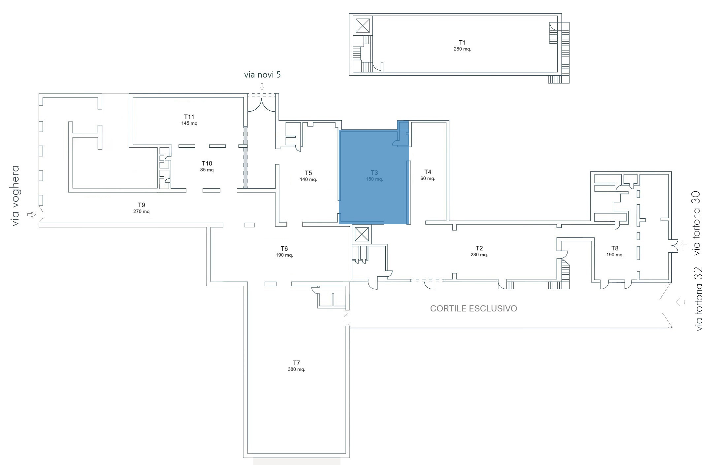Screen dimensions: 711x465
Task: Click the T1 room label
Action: pyautogui.click(x=462, y=43)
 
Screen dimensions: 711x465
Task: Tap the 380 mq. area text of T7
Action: pyautogui.click(x=296, y=369)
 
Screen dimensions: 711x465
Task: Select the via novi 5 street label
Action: pyautogui.click(x=262, y=75)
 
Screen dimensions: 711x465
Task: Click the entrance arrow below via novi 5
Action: pyautogui.click(x=262, y=87)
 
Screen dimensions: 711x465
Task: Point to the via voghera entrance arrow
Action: pyautogui.click(x=31, y=215)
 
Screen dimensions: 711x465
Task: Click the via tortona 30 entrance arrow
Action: pyautogui.click(x=683, y=246)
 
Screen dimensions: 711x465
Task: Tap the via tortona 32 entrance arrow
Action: pyautogui.click(x=680, y=302)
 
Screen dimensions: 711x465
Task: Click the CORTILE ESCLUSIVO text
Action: pyautogui.click(x=473, y=308)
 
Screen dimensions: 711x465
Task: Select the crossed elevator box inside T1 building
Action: pyautogui.click(x=363, y=26)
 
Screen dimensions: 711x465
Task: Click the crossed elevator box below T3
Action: pyautogui.click(x=362, y=234)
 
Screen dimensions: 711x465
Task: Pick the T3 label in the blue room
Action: pyautogui.click(x=374, y=173)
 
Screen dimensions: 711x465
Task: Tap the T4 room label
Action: pyautogui.click(x=428, y=172)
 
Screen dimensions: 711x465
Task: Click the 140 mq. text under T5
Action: pyautogui.click(x=308, y=180)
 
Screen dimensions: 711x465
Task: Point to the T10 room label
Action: pyautogui.click(x=207, y=163)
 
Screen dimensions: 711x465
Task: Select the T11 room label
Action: pyautogui.click(x=189, y=117)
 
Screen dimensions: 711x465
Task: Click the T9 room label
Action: pyautogui.click(x=141, y=205)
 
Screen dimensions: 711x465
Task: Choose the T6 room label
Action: pyautogui.click(x=284, y=249)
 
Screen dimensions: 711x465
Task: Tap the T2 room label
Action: pyautogui.click(x=479, y=248)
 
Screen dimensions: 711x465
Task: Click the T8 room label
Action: pyautogui.click(x=615, y=248)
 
